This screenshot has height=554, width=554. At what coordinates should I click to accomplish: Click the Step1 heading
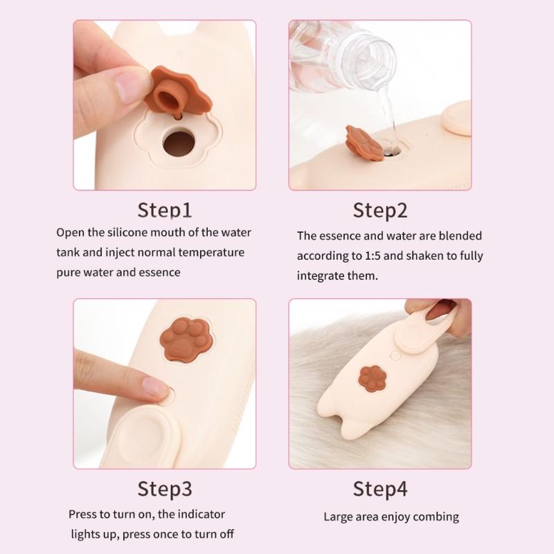pos(165,211)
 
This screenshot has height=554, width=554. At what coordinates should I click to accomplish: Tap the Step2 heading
pos(380,211)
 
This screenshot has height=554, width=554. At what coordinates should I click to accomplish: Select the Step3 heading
pos(165,489)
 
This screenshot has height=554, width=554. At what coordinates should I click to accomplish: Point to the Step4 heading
pos(380,489)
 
